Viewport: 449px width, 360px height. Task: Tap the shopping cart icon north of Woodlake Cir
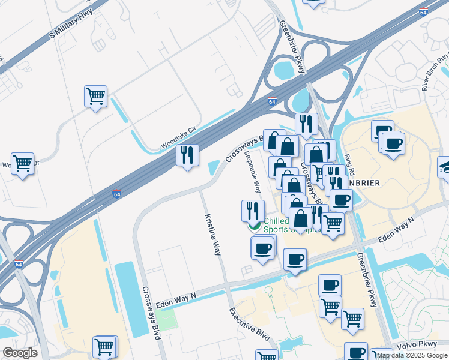pyautogui.click(x=96, y=96)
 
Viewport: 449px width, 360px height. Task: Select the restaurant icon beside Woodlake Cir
pyautogui.click(x=187, y=155)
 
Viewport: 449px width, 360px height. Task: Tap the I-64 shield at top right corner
pyautogui.click(x=424, y=11)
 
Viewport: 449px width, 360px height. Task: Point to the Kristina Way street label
pyautogui.click(x=212, y=234)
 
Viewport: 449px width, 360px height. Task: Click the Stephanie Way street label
pyautogui.click(x=252, y=171)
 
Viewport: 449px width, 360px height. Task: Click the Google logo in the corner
pyautogui.click(x=20, y=352)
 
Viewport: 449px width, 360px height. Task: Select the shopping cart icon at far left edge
pyautogui.click(x=22, y=163)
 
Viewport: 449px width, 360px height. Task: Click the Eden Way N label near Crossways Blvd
pyautogui.click(x=176, y=301)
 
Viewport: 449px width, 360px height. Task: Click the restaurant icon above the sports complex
pyautogui.click(x=253, y=210)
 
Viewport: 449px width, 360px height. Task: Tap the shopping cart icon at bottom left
pyautogui.click(x=104, y=346)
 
